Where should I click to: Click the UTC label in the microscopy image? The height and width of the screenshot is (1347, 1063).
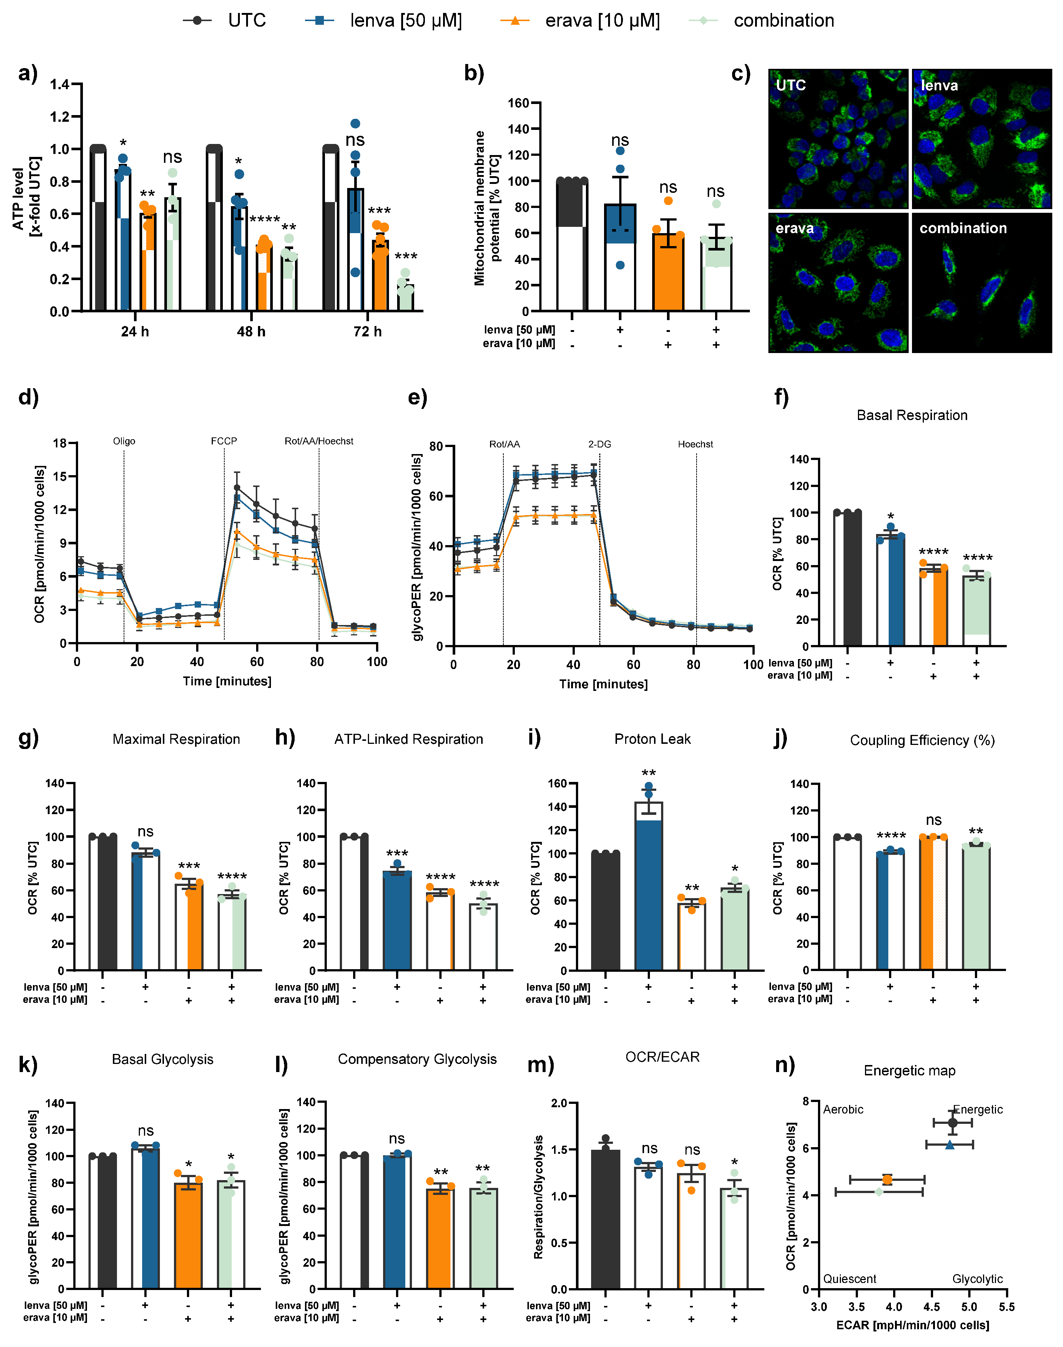point(791,85)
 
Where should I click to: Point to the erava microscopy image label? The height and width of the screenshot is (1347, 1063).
point(794,228)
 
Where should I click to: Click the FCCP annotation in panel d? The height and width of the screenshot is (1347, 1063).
point(224,441)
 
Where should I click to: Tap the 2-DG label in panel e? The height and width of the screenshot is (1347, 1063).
point(599,444)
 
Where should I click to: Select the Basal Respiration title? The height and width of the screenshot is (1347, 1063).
point(912,415)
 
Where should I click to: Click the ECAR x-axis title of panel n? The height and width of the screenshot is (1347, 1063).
point(912,1324)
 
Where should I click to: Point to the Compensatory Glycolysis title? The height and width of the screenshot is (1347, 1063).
point(417,1059)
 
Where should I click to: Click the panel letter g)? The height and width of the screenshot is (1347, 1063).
point(28,738)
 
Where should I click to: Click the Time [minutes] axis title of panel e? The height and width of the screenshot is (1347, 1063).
point(603,684)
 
